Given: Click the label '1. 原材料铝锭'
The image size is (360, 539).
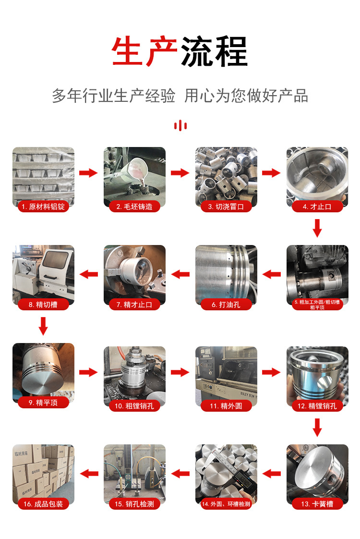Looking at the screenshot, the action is click(43, 206).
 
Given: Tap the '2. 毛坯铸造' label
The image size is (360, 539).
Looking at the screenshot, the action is click(134, 206).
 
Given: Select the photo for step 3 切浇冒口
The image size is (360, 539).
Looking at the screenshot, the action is click(226, 177).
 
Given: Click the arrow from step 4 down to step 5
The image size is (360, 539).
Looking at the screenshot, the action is click(317, 228).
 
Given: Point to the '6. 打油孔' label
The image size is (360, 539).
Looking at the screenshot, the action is click(226, 304).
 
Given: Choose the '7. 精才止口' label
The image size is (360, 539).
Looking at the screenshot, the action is click(134, 304).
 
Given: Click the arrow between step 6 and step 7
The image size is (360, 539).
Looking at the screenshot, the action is click(180, 274).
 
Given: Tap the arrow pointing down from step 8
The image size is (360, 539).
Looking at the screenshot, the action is click(43, 326).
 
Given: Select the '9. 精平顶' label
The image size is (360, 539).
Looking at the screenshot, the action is click(43, 402).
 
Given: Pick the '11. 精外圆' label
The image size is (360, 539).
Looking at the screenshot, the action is click(226, 405).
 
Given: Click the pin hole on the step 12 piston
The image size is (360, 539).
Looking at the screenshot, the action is click(324, 382).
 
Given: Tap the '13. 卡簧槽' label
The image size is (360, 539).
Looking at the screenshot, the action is click(317, 503).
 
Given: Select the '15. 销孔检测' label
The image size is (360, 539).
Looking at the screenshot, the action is click(134, 503).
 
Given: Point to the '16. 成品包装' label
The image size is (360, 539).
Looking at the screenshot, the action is click(43, 503).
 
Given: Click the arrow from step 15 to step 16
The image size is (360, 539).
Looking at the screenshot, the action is click(89, 474).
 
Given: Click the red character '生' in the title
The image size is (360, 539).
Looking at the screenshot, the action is click(127, 51).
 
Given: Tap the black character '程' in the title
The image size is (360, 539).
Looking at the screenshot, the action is click(231, 51).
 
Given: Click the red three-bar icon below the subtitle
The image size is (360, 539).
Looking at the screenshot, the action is click(180, 125).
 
